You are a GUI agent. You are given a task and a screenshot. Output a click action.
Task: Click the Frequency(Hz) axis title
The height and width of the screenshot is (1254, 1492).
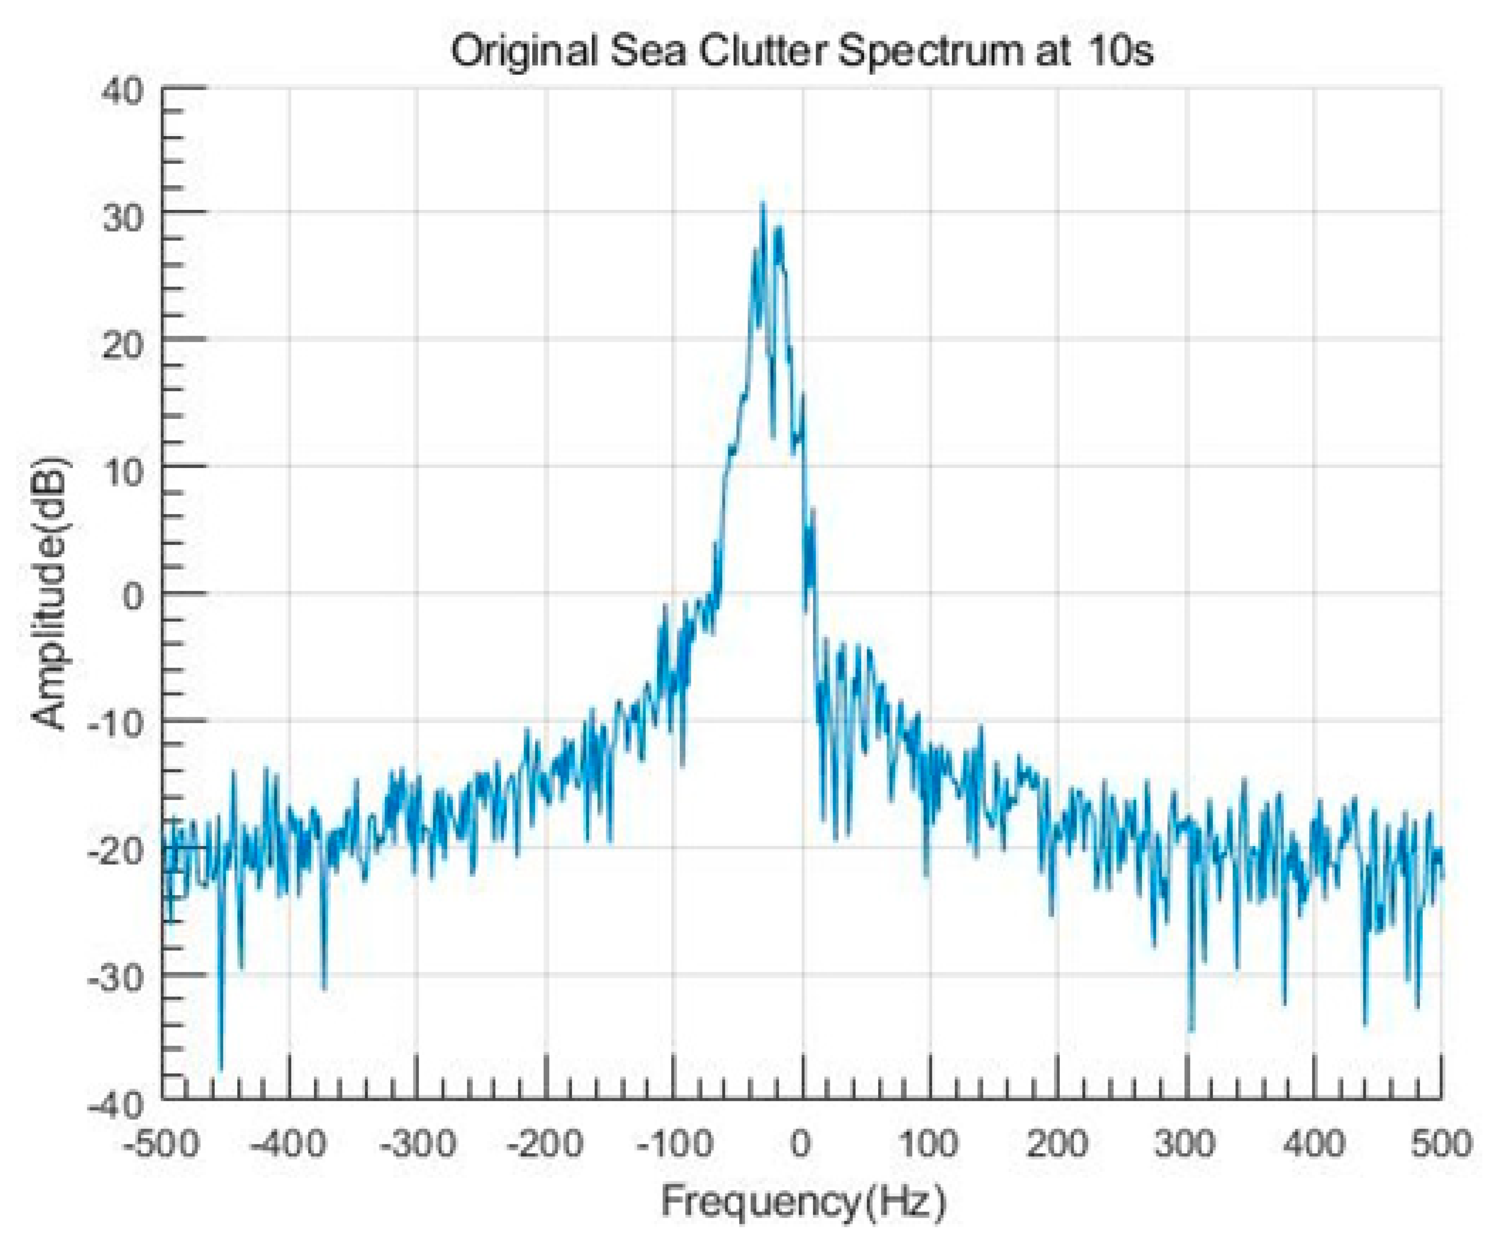[x=803, y=1202]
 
